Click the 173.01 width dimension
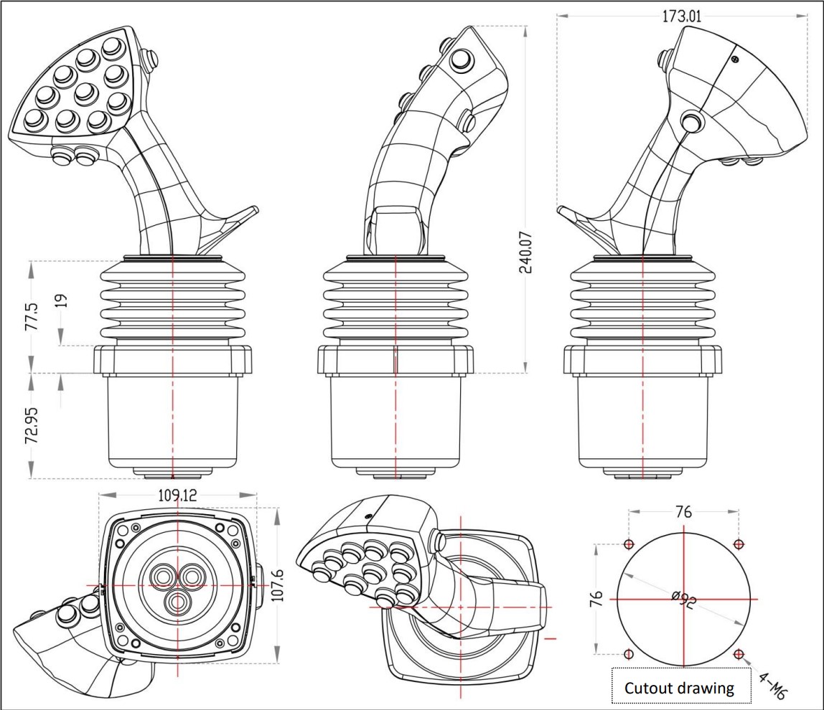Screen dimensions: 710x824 (682, 16)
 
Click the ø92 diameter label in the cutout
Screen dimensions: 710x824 (683, 600)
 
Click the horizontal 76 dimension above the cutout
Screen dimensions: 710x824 (683, 512)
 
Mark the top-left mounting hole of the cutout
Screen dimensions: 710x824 (629, 544)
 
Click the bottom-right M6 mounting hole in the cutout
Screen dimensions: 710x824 (739, 654)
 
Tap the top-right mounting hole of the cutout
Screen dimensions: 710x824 (739, 544)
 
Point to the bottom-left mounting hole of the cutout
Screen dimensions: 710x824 (629, 654)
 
